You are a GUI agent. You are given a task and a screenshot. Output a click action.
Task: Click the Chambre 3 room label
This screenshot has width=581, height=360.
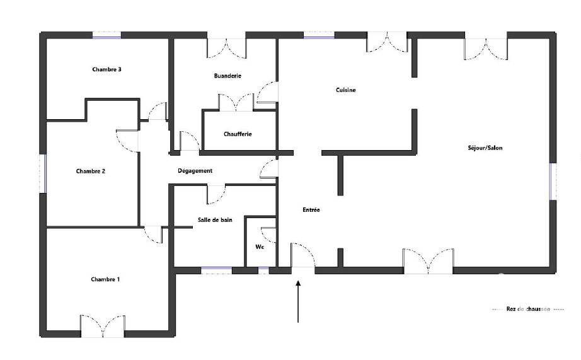(106, 69)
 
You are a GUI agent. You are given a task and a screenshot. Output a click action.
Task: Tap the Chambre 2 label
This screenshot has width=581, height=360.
(90, 171)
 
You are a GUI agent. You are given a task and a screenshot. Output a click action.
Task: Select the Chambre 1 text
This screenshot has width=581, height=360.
(105, 279)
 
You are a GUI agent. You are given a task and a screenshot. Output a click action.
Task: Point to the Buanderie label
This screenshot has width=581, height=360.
(227, 76)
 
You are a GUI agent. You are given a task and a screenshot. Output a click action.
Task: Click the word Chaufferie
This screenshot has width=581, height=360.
(238, 134)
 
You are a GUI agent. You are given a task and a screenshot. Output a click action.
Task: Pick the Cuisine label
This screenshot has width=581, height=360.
(346, 90)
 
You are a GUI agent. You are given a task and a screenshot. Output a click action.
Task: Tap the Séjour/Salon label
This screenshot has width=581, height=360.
(485, 148)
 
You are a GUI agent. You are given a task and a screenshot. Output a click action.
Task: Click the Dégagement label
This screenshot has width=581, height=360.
(195, 171)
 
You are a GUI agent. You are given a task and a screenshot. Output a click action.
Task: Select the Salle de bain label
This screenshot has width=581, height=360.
(215, 220)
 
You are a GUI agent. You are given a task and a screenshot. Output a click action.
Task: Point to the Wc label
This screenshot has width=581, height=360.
(260, 247)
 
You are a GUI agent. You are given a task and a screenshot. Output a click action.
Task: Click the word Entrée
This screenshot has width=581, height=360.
(311, 209)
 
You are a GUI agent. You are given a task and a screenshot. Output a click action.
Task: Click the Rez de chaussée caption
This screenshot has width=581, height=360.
(528, 309)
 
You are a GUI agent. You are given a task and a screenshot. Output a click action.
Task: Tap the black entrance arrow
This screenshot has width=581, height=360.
(298, 302)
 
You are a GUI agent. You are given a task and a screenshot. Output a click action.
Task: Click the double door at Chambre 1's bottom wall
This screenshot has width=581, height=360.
(103, 326)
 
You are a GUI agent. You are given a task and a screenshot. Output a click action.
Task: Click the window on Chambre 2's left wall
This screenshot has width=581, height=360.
(43, 173)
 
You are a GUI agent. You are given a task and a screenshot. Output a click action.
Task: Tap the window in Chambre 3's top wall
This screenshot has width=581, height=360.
(106, 35)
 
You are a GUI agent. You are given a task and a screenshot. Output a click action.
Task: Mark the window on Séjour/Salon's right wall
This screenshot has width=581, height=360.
(553, 182)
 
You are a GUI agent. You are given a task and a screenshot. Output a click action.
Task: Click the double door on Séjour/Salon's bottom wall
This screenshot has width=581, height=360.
(429, 262)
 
